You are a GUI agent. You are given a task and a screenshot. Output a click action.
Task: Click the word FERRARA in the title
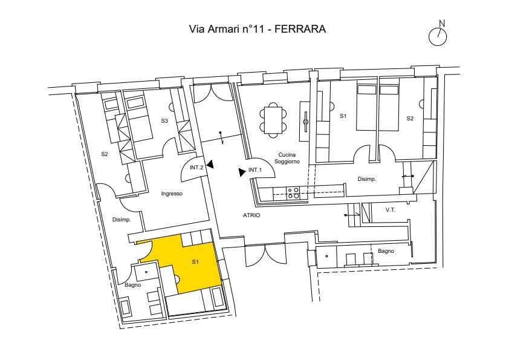[x=300, y=29]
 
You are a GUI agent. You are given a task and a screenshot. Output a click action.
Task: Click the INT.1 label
[x=255, y=170]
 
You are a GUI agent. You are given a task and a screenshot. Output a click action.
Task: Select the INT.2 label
[x=196, y=168]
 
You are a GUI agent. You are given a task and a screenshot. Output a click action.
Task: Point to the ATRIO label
[x=251, y=215]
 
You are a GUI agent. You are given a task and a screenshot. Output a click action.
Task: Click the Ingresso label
[x=172, y=194]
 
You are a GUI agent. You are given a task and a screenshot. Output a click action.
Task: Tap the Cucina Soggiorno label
[x=287, y=159]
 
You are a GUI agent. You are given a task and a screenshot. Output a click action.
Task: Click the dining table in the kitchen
[x=273, y=120]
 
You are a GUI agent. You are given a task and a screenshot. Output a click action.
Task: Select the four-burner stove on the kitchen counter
[x=293, y=193]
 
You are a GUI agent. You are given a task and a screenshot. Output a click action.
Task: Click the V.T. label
[x=391, y=210]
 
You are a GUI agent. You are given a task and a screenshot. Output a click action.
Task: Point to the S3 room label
[x=164, y=121]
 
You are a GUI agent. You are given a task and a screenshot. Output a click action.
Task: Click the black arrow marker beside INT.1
[x=242, y=172]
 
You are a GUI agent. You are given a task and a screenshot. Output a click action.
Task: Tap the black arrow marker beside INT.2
[x=211, y=165]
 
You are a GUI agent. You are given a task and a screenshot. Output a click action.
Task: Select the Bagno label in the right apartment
[x=386, y=251]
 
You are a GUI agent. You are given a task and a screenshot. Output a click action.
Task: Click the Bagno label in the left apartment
[x=133, y=285]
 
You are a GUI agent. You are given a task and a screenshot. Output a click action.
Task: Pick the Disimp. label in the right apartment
[x=367, y=179]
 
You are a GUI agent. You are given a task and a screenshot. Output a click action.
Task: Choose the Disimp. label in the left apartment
[x=122, y=220]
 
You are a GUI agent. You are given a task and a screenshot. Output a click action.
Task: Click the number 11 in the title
[x=258, y=29]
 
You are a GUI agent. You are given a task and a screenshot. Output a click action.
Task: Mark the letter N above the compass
[x=442, y=24]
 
